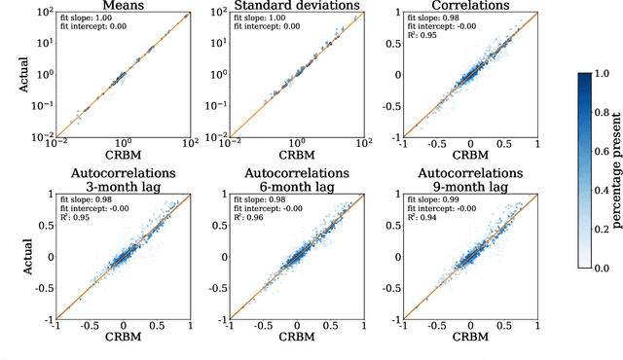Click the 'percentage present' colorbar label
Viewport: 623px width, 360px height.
615,173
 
